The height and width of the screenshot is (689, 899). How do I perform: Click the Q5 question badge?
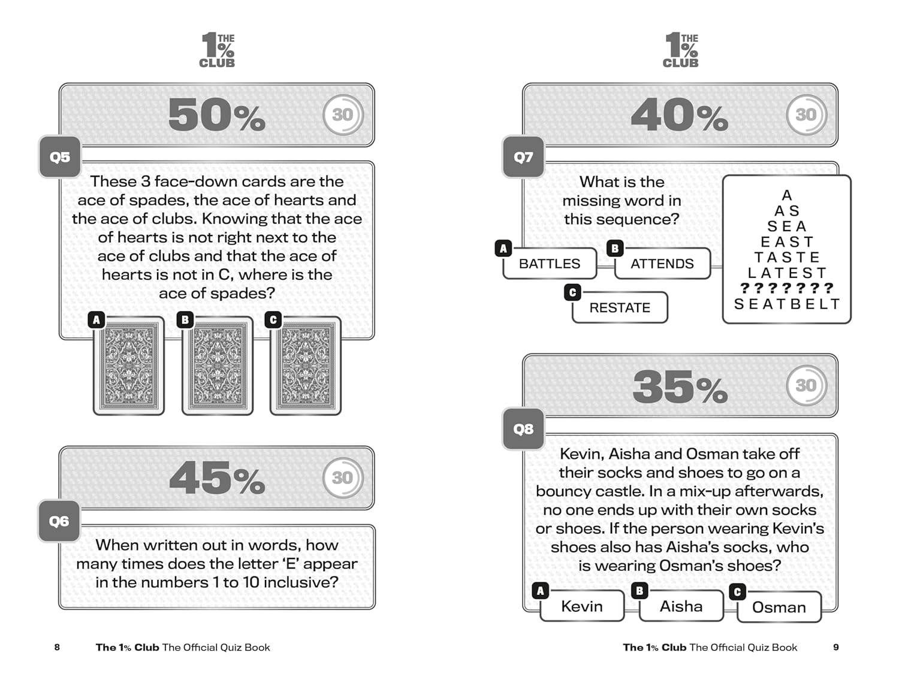click(60, 157)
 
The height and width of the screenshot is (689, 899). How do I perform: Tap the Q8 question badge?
click(523, 428)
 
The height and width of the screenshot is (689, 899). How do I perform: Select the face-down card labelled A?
click(129, 365)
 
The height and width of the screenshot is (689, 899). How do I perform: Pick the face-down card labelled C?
click(306, 365)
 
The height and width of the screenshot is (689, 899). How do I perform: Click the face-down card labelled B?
click(218, 365)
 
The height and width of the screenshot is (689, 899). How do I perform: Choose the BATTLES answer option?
click(550, 264)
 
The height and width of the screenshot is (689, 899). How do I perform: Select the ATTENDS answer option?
click(662, 264)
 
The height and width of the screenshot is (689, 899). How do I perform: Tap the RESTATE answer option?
click(620, 307)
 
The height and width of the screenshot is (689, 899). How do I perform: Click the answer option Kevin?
click(582, 606)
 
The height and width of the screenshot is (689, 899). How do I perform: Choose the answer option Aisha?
click(681, 606)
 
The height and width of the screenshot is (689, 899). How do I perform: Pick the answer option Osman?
click(779, 608)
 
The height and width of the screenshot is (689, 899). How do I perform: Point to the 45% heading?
click(216, 478)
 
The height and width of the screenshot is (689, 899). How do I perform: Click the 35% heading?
click(680, 386)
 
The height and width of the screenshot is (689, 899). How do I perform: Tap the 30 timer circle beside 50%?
click(343, 114)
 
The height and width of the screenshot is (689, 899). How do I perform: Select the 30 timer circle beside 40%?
click(806, 114)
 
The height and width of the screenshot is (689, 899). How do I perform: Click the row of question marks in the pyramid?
click(787, 288)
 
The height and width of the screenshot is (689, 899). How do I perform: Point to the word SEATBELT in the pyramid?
click(787, 304)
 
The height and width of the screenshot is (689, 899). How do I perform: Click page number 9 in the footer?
click(836, 647)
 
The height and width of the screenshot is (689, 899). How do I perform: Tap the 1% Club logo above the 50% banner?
click(217, 50)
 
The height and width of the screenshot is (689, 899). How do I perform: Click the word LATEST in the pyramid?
click(787, 273)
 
